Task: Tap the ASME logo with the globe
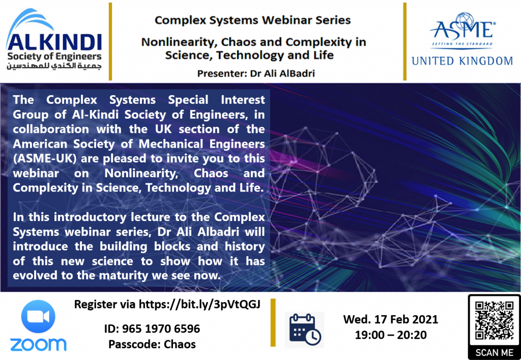click(x=462, y=31)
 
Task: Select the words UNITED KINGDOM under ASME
click(x=462, y=61)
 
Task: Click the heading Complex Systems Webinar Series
click(x=252, y=20)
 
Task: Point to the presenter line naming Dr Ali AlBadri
click(x=256, y=73)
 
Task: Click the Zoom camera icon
click(x=38, y=316)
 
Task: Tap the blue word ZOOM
click(x=38, y=345)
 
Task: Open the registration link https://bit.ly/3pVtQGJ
click(x=199, y=304)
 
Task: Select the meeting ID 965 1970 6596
click(x=161, y=329)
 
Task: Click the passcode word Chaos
click(x=180, y=344)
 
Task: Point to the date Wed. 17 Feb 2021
click(x=391, y=319)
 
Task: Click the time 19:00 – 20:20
click(x=391, y=335)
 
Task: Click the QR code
click(x=495, y=321)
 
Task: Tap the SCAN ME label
click(x=495, y=353)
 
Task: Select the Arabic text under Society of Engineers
click(x=54, y=66)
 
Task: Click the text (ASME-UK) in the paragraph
click(x=45, y=158)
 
